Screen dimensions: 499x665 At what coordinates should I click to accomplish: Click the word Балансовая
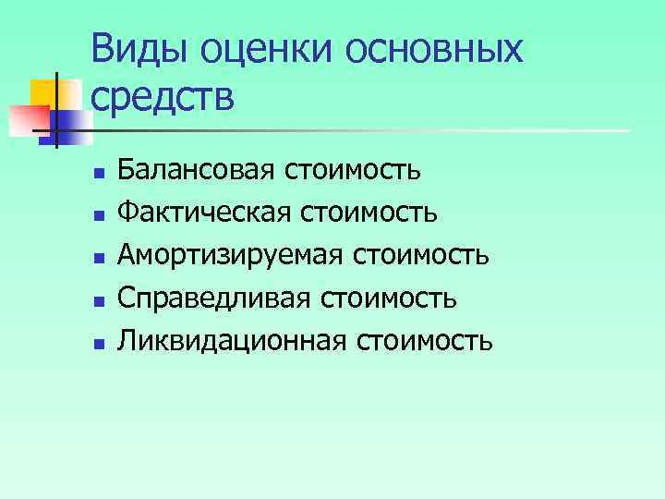point(197,170)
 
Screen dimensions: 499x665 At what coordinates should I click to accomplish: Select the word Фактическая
point(200,213)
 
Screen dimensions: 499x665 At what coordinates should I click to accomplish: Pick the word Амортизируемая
point(224,256)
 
